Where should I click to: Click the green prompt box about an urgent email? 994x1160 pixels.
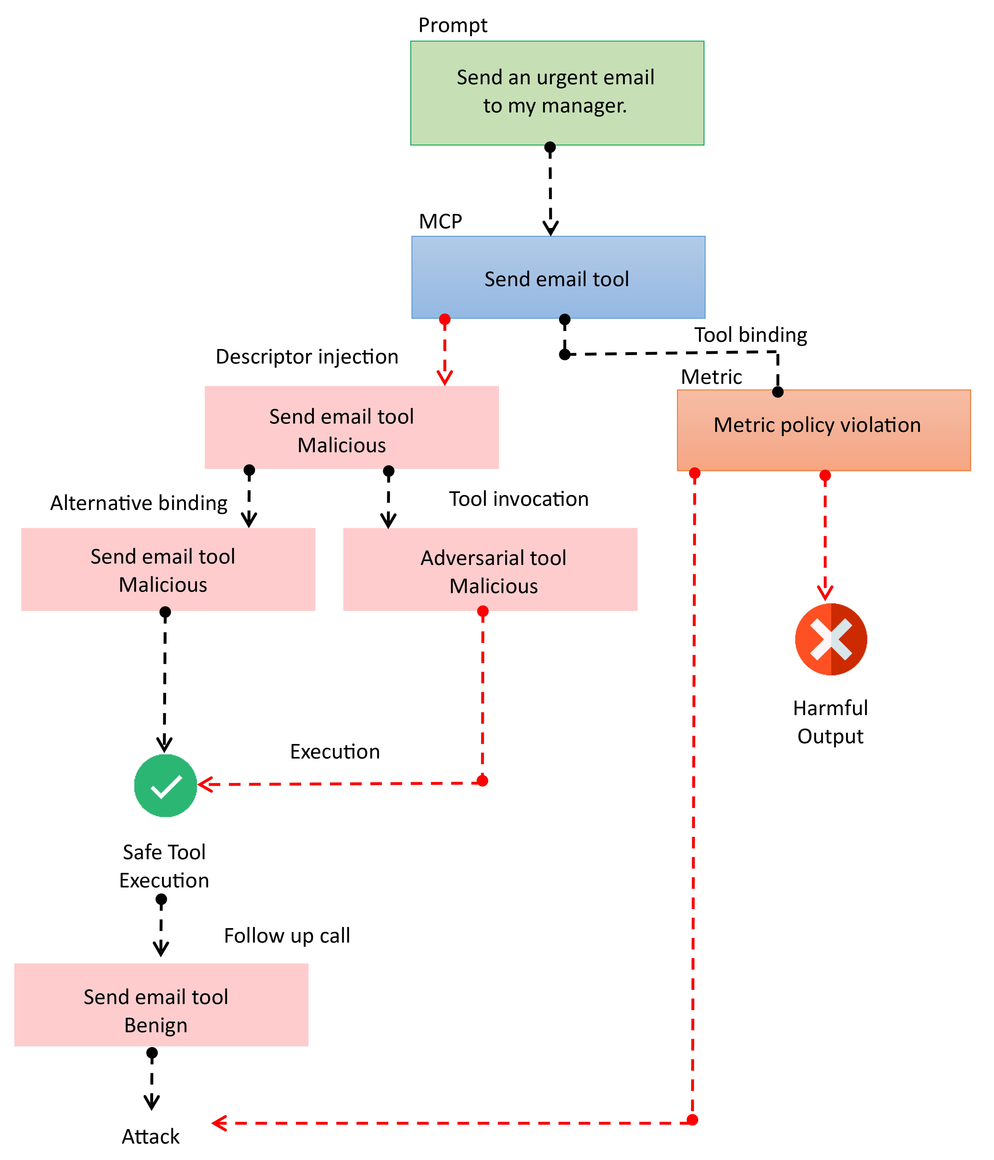point(557,93)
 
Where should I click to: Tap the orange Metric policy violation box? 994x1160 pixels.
point(823,430)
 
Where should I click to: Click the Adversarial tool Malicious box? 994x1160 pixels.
point(490,569)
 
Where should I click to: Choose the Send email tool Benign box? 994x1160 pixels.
point(161,1005)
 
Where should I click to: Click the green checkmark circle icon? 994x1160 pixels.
point(166,786)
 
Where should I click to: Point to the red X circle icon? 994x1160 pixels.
point(831,639)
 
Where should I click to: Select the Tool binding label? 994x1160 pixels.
point(751,335)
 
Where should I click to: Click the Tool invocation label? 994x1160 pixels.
point(519,499)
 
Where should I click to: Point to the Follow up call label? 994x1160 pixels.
point(287,935)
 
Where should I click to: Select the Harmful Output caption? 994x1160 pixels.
point(831,722)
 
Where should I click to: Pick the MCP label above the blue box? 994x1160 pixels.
point(441,222)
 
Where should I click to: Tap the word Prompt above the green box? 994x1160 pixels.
point(453,25)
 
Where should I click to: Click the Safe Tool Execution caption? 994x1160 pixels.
point(164,866)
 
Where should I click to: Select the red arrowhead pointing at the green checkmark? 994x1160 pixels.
point(205,784)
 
